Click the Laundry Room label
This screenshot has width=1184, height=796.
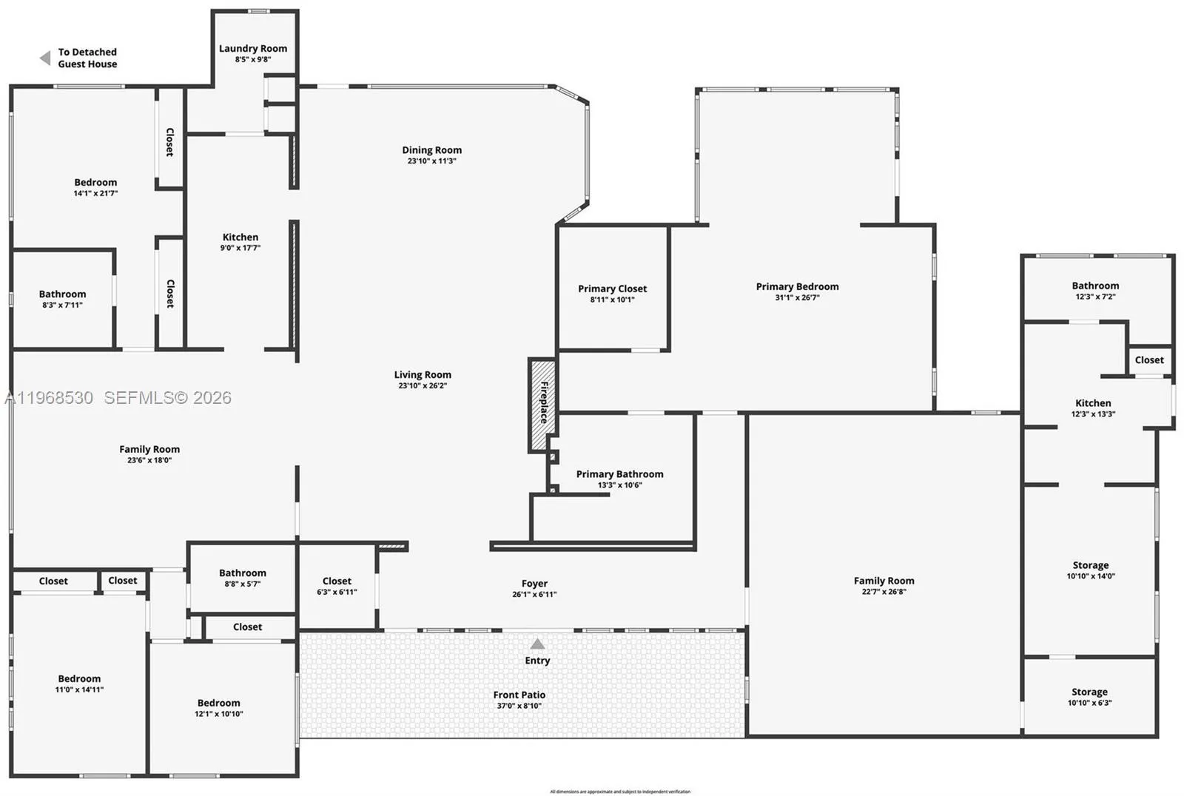[253, 49]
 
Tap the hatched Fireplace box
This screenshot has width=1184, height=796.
[542, 405]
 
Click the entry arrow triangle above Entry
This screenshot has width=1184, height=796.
[537, 644]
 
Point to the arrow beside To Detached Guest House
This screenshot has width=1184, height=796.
[45, 58]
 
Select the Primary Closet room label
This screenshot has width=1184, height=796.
[612, 289]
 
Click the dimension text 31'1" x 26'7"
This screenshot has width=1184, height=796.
[797, 297]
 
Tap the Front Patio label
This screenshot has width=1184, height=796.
[519, 695]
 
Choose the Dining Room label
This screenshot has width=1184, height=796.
[431, 150]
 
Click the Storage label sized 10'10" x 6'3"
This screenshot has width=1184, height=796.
[1089, 692]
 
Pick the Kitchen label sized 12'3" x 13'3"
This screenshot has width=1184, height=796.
[1093, 403]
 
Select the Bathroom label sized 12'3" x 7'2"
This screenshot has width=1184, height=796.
[1095, 286]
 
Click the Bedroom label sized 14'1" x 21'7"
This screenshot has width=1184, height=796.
[95, 183]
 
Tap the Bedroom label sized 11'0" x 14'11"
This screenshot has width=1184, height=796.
[79, 678]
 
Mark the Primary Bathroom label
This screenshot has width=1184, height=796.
[619, 474]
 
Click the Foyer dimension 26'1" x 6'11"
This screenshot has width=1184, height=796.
[534, 594]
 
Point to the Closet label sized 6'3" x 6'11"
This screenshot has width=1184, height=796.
[337, 581]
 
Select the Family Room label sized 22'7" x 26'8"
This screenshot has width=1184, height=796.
[884, 581]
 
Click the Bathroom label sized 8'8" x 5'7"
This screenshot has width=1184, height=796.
[243, 573]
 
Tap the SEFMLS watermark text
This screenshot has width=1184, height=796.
[167, 398]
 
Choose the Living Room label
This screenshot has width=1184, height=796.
[423, 375]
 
